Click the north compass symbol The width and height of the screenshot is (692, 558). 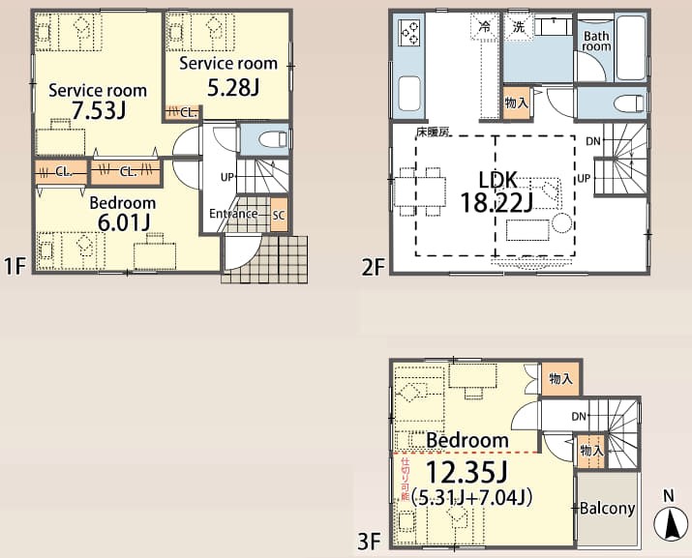[x=671, y=523]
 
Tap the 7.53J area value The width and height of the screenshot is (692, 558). [x=99, y=110]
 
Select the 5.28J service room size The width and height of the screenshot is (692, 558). [x=233, y=87]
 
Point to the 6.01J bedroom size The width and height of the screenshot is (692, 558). [x=123, y=221]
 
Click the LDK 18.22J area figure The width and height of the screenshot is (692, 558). [x=496, y=203]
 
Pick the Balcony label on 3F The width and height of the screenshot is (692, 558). [x=607, y=508]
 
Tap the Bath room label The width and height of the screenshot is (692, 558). [x=596, y=41]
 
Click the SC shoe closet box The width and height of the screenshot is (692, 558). [x=279, y=215]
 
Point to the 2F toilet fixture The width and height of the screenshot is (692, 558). [x=629, y=103]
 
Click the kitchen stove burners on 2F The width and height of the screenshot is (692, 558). [x=409, y=32]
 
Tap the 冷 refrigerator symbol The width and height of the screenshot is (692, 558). [x=484, y=27]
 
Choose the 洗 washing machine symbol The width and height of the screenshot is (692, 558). [x=519, y=27]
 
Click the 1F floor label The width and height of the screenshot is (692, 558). [x=15, y=267]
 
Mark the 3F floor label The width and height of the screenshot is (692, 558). [x=369, y=542]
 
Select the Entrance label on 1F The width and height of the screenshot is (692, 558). [x=233, y=214]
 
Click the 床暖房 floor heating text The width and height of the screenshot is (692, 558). [x=433, y=132]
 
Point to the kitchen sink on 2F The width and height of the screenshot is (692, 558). [x=409, y=94]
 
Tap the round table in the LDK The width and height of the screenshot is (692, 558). [x=561, y=222]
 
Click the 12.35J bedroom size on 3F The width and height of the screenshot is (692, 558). [x=466, y=473]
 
